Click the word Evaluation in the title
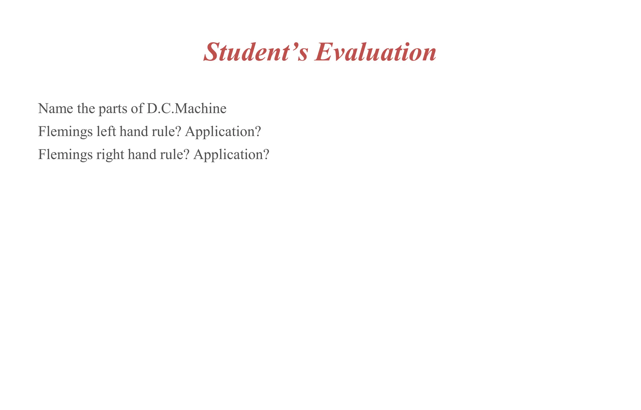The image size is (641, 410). tap(376, 52)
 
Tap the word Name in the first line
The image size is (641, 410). tap(55, 109)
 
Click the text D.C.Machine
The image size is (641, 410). tap(187, 109)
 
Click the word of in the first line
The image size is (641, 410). tap(137, 109)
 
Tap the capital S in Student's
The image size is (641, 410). tap(214, 52)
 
